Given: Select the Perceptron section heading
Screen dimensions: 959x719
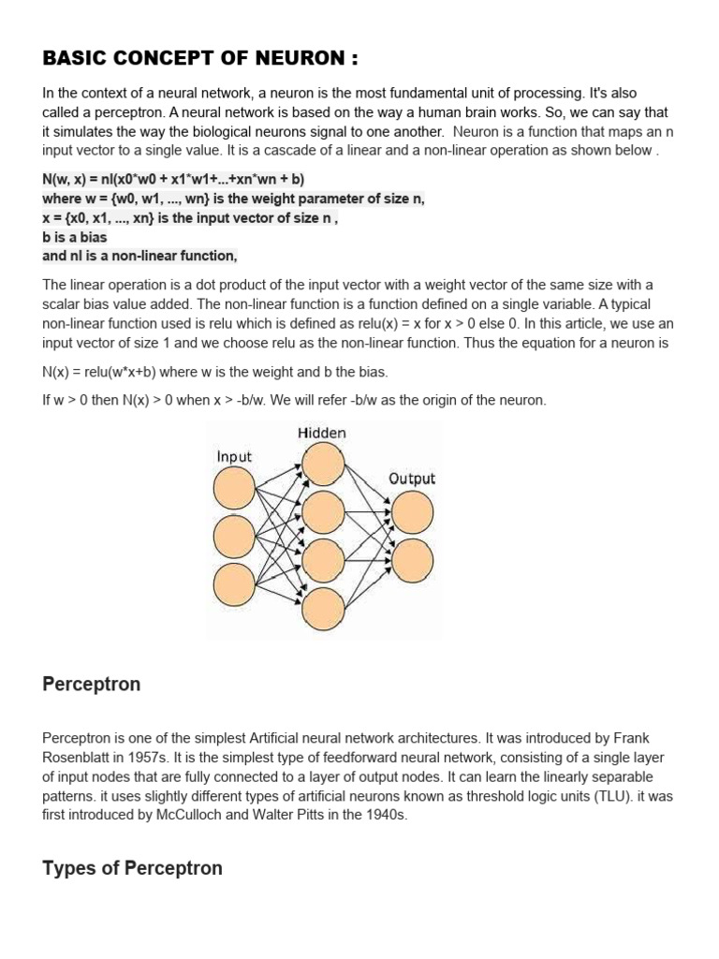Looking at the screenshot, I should pyautogui.click(x=92, y=685).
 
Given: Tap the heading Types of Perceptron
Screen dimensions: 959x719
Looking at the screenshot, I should pyautogui.click(x=133, y=868).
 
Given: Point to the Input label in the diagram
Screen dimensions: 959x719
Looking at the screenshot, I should pyautogui.click(x=234, y=457).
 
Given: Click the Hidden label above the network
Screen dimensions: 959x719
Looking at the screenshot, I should pyautogui.click(x=322, y=433).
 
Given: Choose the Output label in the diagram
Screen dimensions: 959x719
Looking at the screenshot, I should pyautogui.click(x=412, y=479).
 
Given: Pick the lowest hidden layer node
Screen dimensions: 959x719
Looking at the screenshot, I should pyautogui.click(x=323, y=607).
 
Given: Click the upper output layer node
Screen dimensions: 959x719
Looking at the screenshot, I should pyautogui.click(x=413, y=512).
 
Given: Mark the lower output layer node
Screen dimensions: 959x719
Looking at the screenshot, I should pyautogui.click(x=413, y=560).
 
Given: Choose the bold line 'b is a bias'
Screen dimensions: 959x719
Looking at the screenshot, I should pyautogui.click(x=75, y=237).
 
